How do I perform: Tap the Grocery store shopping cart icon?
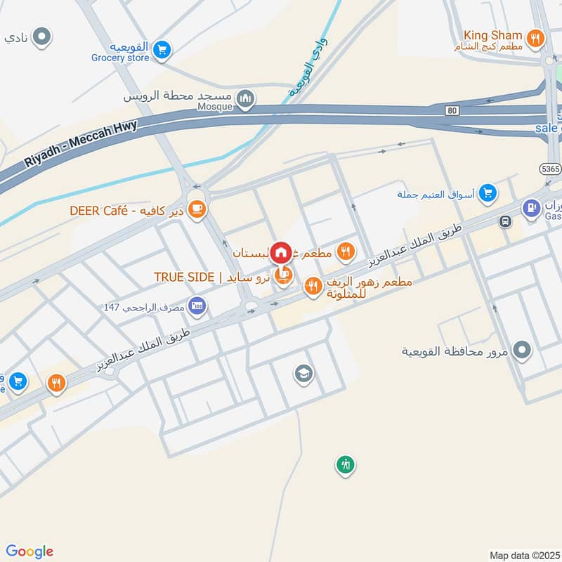click(x=162, y=49)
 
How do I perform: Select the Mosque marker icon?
click(x=245, y=98)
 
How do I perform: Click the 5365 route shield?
click(x=549, y=170)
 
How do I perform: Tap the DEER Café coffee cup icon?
click(x=197, y=209)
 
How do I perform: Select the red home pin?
click(x=280, y=251)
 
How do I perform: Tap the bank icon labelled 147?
click(x=197, y=305)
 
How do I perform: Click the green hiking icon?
click(x=344, y=464)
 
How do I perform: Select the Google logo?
click(x=30, y=551)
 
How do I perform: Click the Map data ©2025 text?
click(x=524, y=555)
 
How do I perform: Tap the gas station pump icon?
click(x=532, y=207)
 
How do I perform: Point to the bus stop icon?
click(x=504, y=222)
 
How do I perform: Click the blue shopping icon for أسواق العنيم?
click(x=488, y=192)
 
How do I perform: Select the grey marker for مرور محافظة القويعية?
click(x=521, y=349)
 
